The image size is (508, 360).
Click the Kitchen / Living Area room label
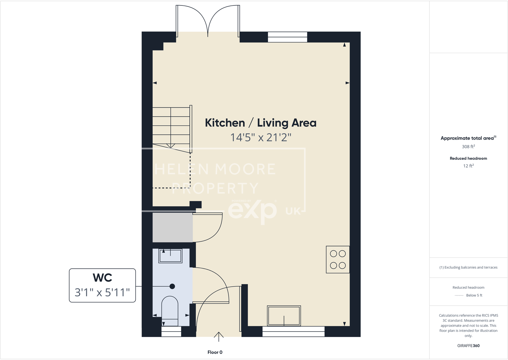pos(260,123)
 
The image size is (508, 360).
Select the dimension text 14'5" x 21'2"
pos(261,138)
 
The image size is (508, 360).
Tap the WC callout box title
pos(102,278)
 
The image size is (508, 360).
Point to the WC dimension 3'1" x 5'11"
pos(102,292)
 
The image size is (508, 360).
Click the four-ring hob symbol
pos(338,259)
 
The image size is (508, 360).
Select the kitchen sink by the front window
pos(284,316)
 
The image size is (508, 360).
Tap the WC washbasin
pos(170,256)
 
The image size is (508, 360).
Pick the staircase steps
pos(171,128)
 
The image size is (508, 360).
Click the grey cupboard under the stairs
pos(173,227)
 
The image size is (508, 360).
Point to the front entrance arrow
pos(219,336)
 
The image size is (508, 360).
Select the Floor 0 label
pos(215,352)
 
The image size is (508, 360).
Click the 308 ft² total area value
pos(468,147)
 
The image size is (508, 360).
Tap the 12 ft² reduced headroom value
pos(468,166)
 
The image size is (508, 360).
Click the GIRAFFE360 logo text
pos(468,346)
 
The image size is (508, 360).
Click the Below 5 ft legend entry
pos(474,295)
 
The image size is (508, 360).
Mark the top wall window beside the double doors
pos(287,37)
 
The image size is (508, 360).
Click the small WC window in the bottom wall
pos(171,332)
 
